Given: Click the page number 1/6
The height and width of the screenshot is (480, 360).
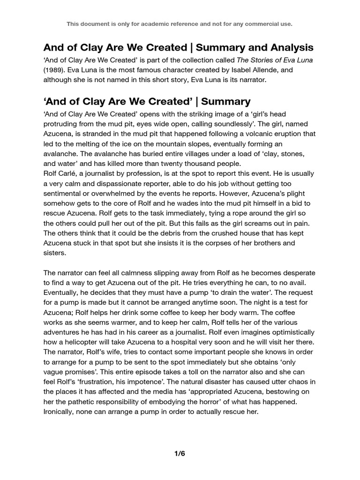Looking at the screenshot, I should tap(180, 453).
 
